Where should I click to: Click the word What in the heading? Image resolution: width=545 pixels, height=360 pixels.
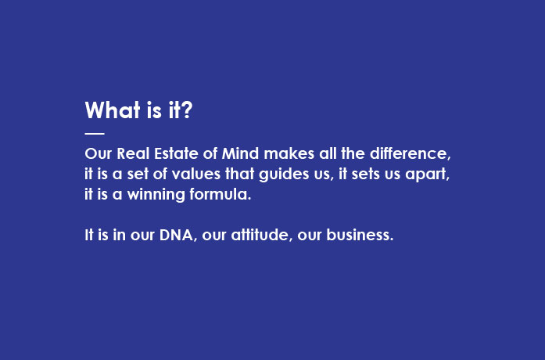113,110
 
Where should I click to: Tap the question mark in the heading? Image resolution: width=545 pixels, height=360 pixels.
187,110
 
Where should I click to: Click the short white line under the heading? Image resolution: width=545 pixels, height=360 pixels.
95,133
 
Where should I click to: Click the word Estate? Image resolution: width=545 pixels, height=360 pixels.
176,153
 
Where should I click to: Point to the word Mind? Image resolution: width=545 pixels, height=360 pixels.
240,153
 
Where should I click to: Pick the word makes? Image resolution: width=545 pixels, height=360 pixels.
289,153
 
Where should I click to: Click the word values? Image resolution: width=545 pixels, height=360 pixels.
196,174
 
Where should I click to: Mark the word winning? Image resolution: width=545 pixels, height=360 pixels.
156,195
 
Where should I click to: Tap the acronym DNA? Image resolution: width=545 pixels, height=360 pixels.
176,235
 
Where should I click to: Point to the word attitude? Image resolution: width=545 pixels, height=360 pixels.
260,235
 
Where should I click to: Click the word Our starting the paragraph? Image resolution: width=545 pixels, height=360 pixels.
99,153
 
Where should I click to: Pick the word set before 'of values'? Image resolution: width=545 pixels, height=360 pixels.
138,174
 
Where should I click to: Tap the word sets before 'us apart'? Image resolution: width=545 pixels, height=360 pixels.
366,174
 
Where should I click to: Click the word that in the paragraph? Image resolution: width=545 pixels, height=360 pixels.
239,174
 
